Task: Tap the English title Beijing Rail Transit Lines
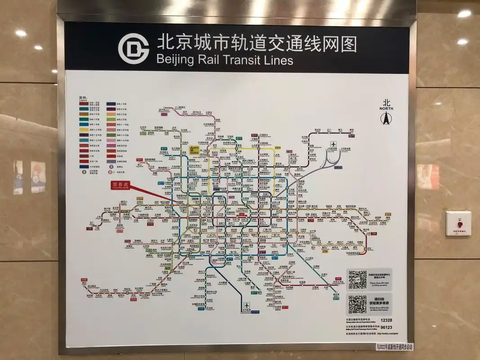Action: pyautogui.click(x=225, y=59)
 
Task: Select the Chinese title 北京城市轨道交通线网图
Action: pyautogui.click(x=256, y=44)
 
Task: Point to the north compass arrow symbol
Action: pyautogui.click(x=386, y=118)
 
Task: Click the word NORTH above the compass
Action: pyautogui.click(x=386, y=109)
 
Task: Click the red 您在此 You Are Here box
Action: pyautogui.click(x=120, y=185)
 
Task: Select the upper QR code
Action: pyautogui.click(x=358, y=279)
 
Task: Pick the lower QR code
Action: pyautogui.click(x=358, y=305)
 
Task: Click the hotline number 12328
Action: pyautogui.click(x=386, y=320)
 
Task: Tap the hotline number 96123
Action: pyautogui.click(x=386, y=328)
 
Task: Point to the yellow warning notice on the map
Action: pyautogui.click(x=194, y=150)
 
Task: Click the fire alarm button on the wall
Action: pyautogui.click(x=458, y=224)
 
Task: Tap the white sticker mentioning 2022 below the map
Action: pyautogui.click(x=395, y=347)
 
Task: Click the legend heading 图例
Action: pyautogui.click(x=82, y=98)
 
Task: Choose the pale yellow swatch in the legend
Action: pyautogui.click(x=84, y=130)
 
